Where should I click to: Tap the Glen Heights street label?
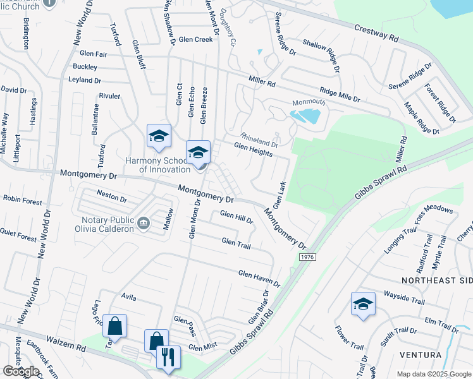[x=253, y=149]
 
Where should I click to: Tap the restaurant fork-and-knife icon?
[x=168, y=357]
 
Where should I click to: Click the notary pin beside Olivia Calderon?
[x=144, y=222]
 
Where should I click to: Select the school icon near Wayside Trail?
[x=363, y=304]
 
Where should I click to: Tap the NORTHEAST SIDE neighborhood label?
[x=436, y=279]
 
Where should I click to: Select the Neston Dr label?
[x=111, y=196]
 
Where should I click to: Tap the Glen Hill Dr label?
[x=236, y=217]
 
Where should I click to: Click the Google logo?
[x=21, y=371]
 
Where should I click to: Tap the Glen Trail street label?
[x=237, y=243]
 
